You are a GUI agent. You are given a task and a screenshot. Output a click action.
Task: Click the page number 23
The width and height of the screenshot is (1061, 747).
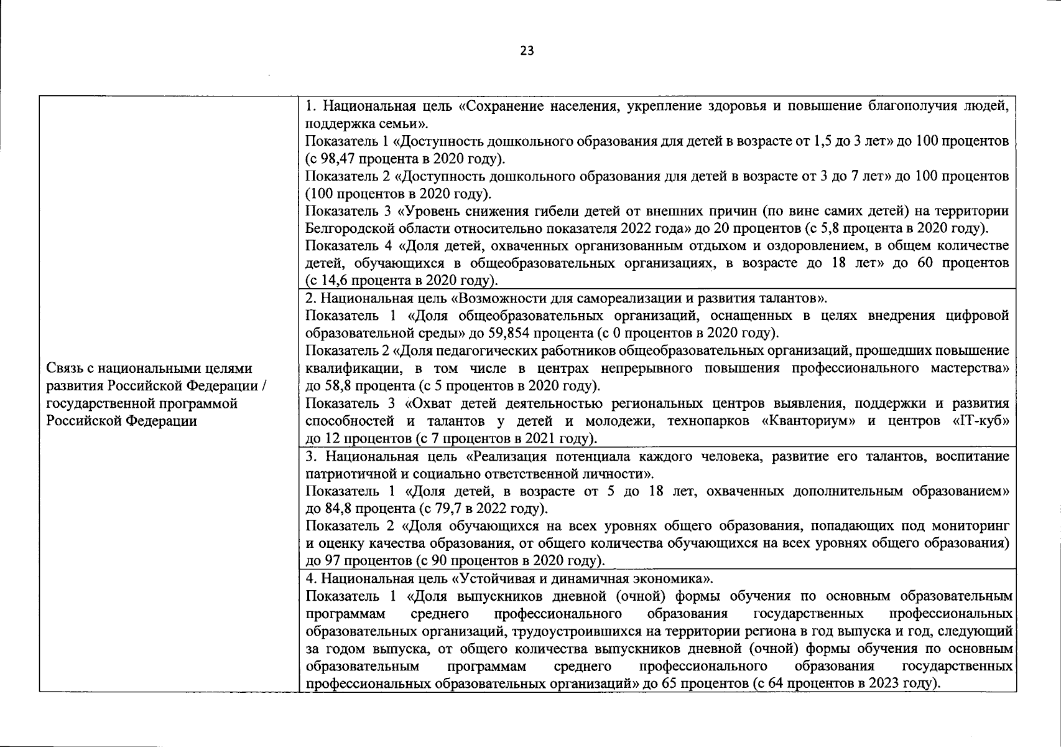pos(527,51)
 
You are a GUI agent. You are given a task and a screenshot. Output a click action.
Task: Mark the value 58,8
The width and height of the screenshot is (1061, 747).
pos(346,385)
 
